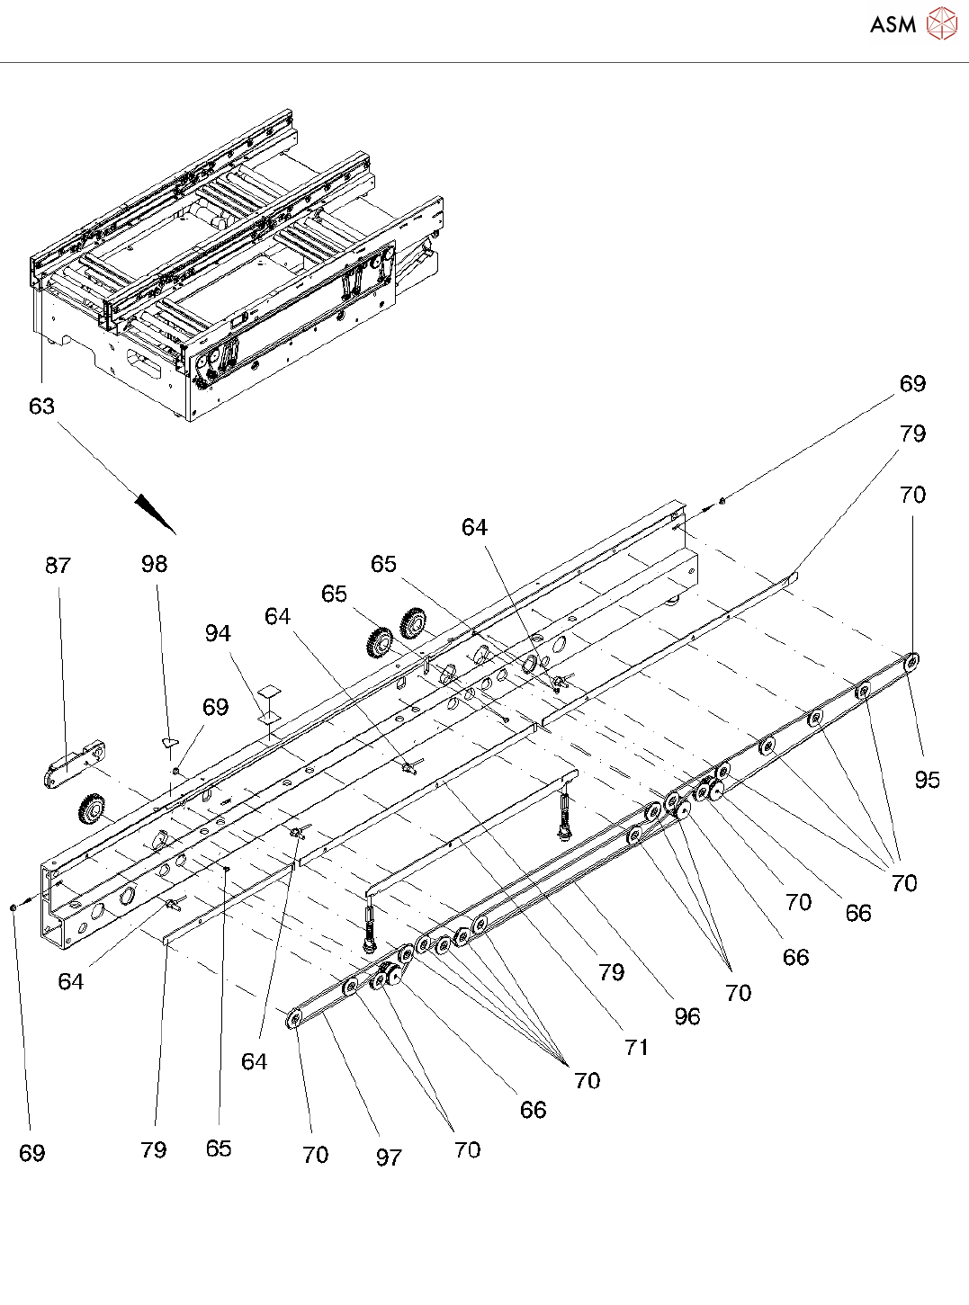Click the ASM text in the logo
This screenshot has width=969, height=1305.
point(893,24)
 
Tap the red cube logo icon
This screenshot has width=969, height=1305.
point(941,23)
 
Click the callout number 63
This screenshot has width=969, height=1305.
point(41,407)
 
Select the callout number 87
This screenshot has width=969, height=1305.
point(58,565)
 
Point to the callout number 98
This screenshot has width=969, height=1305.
point(154,564)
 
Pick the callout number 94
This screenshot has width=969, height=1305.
point(218,633)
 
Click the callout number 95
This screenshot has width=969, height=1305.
point(927,780)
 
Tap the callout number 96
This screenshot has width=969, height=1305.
point(686,1016)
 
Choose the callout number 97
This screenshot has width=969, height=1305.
point(389,1158)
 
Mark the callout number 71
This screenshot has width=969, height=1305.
point(636,1047)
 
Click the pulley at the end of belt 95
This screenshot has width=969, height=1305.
point(912,663)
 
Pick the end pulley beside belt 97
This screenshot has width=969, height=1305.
point(293,1018)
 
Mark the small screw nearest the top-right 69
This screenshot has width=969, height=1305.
point(722,500)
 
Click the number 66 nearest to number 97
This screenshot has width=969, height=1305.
point(533,1110)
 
